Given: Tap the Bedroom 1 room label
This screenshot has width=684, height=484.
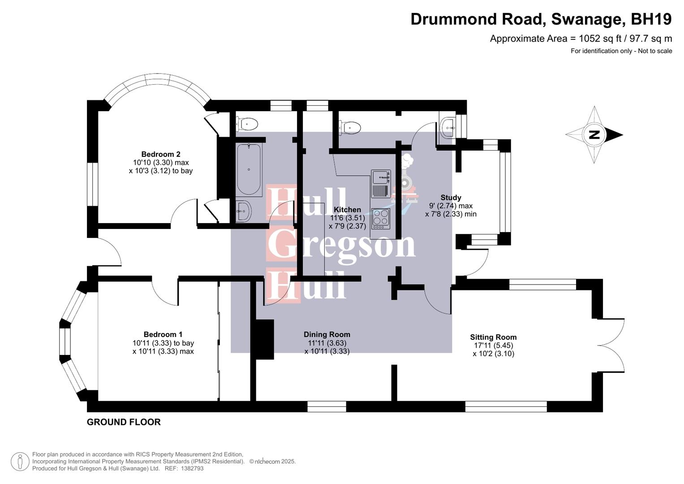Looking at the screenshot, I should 163,334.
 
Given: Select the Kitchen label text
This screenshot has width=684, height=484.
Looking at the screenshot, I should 347,210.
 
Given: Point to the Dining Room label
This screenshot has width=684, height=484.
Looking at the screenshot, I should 327,334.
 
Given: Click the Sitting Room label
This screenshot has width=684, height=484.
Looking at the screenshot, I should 493,337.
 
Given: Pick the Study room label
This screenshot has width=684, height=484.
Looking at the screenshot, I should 451,198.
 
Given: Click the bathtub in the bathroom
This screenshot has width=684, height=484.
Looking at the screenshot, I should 249,169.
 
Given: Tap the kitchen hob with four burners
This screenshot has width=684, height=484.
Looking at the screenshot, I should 380,219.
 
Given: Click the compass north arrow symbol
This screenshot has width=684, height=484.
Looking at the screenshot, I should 594,134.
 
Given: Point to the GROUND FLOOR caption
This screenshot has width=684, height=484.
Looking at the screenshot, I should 124,422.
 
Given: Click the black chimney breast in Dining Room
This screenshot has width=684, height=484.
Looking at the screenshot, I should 264,339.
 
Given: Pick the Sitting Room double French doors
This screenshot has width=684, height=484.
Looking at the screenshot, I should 611,345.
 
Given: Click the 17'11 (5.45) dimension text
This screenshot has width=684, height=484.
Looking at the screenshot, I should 493,346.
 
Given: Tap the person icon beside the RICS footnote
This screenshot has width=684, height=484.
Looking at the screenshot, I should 20,462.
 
